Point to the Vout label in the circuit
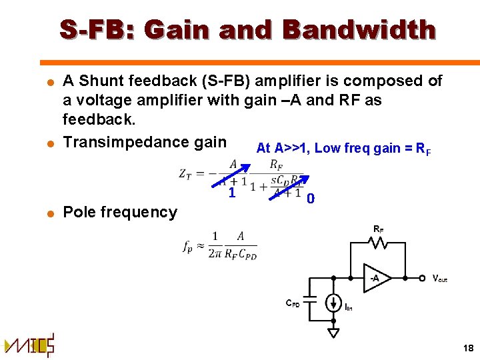coord(439,278)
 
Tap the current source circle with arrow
coord(333,303)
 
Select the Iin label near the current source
coord(349,307)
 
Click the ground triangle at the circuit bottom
coord(333,331)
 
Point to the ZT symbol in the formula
coord(186,173)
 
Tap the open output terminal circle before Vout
coord(421,277)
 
